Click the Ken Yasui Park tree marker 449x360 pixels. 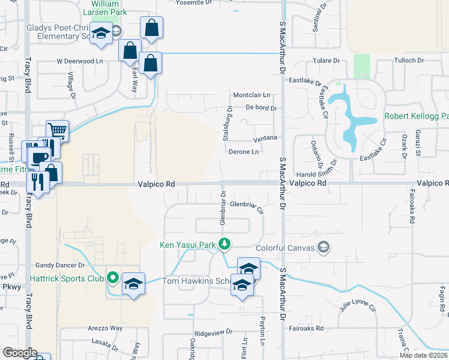click(224, 244)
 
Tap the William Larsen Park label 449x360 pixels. click(106, 8)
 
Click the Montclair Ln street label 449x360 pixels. click(252, 95)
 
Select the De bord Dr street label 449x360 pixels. click(261, 109)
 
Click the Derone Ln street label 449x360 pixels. click(244, 152)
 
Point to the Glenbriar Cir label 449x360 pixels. click(247, 206)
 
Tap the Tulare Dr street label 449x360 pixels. click(327, 61)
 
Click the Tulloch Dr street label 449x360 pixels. click(409, 61)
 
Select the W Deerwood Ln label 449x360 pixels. click(80, 61)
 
